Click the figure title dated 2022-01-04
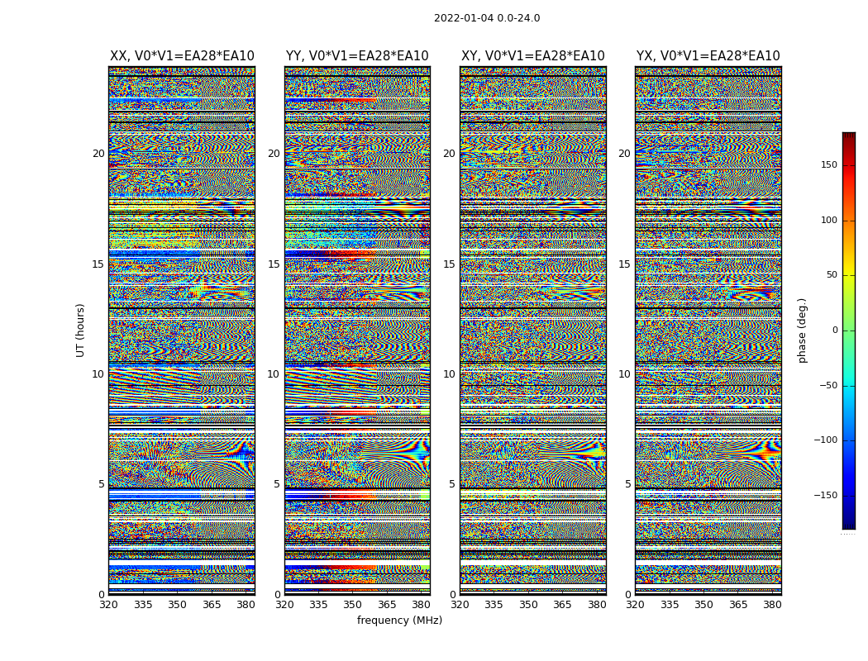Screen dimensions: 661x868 pos(487,18)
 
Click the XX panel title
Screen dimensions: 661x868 pos(182,56)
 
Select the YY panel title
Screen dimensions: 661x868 pos(357,56)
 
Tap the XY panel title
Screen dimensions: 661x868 pos(533,56)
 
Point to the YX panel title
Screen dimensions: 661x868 pos(708,56)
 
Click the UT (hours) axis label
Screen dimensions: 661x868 pos(80,330)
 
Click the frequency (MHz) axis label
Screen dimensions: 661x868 pos(399,621)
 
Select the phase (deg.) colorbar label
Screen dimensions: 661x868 pos(802,330)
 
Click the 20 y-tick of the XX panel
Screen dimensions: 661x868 pos(98,154)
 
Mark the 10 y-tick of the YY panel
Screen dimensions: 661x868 pos(274,374)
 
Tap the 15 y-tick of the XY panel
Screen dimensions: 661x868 pos(449,264)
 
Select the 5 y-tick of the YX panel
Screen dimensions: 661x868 pos(627,484)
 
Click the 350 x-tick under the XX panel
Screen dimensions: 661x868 pos(177,605)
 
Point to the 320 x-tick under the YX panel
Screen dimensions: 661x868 pos(635,605)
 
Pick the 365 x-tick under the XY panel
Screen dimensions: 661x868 pos(562,605)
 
